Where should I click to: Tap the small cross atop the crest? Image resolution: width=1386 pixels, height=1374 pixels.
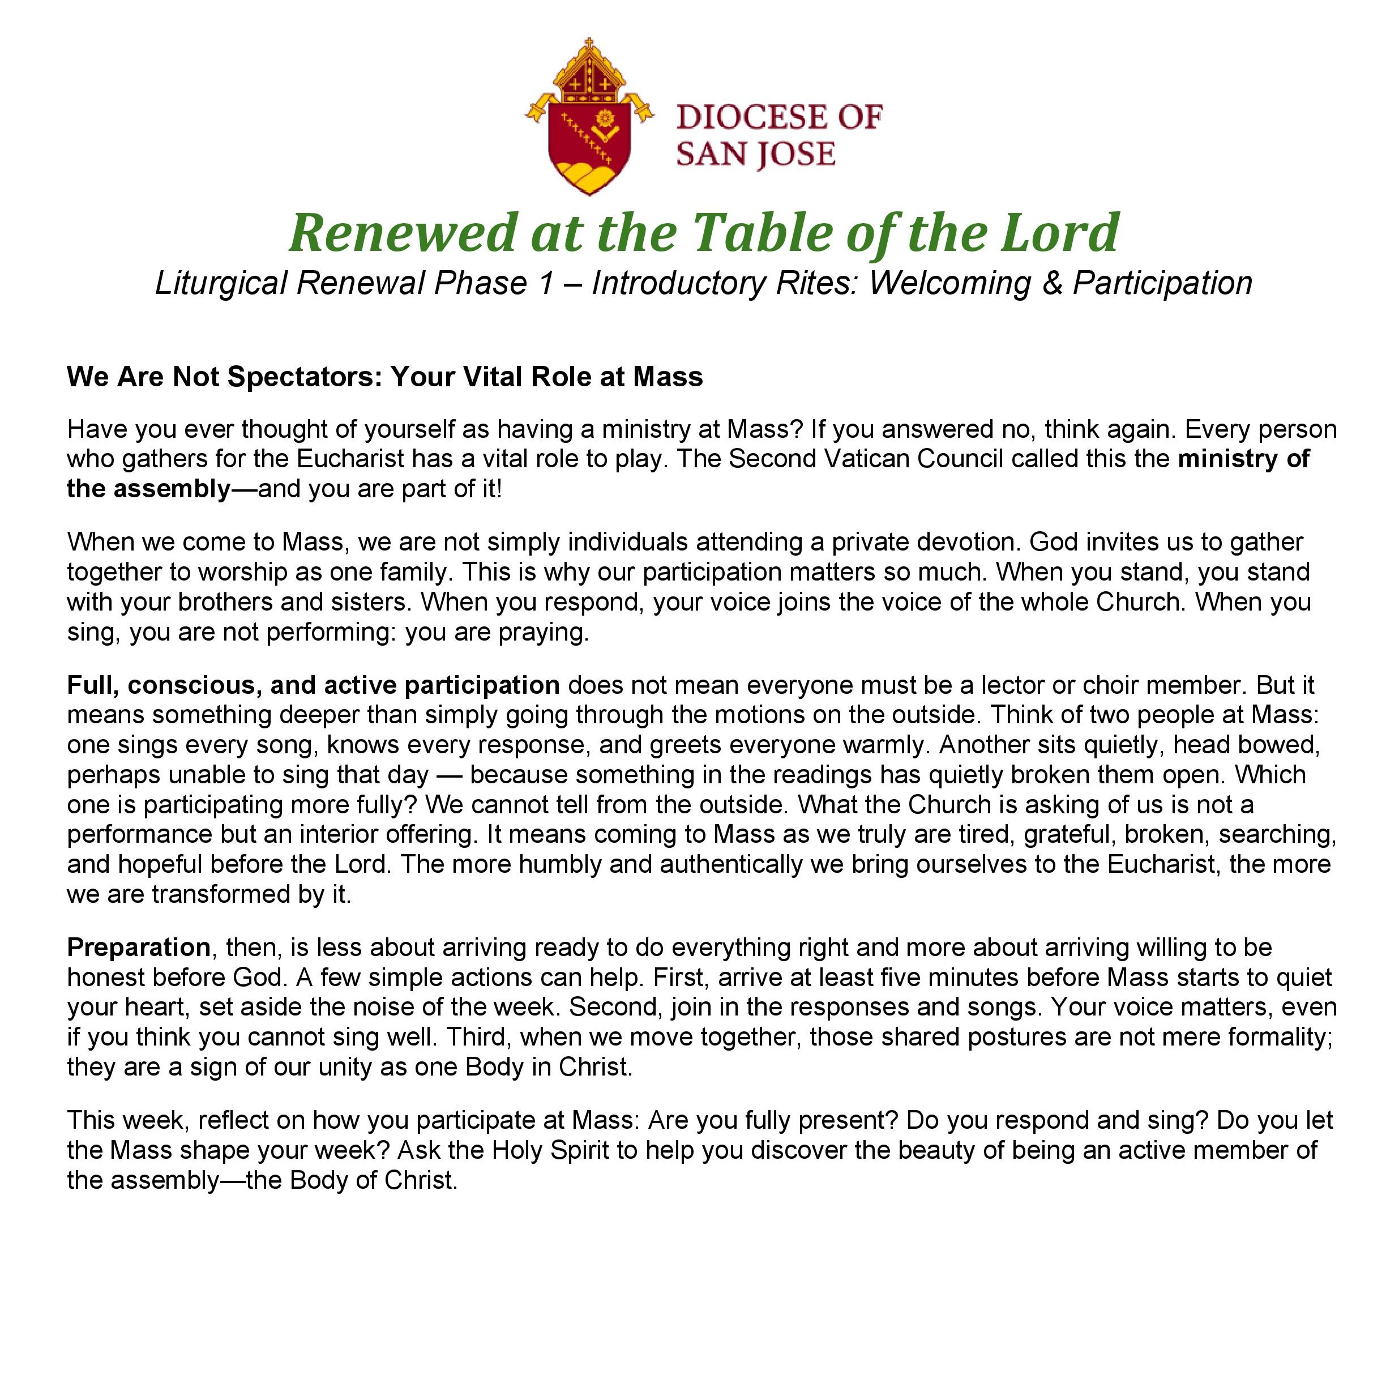pyautogui.click(x=589, y=45)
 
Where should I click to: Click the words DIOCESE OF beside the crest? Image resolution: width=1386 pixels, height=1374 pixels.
pyautogui.click(x=778, y=117)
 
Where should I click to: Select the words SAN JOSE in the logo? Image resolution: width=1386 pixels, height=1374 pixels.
pyautogui.click(x=755, y=154)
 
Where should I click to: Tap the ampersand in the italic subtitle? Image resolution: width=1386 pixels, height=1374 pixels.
pyautogui.click(x=1052, y=283)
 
